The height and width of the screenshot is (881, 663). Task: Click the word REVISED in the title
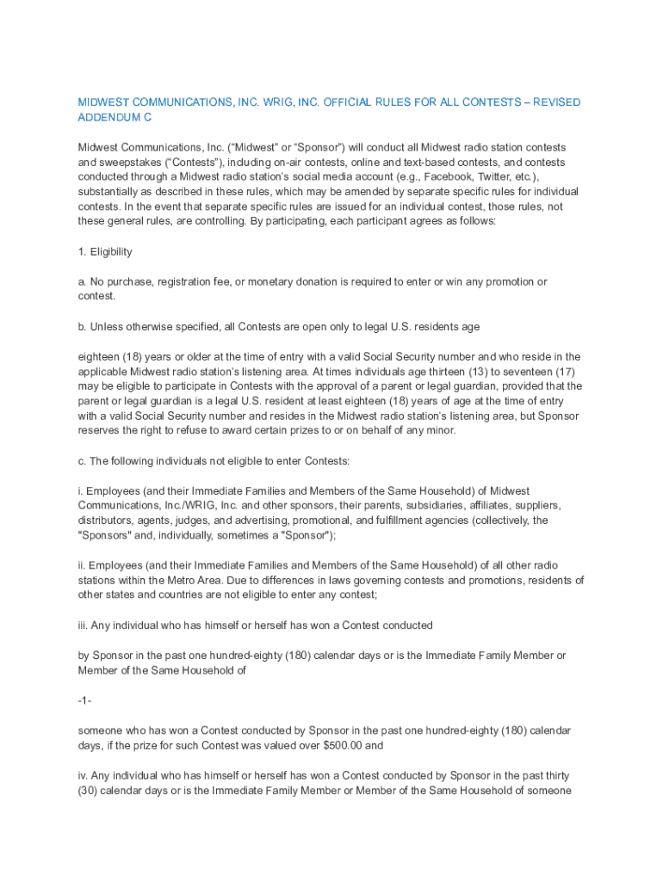point(555,102)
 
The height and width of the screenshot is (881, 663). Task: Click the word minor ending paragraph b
point(437,430)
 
